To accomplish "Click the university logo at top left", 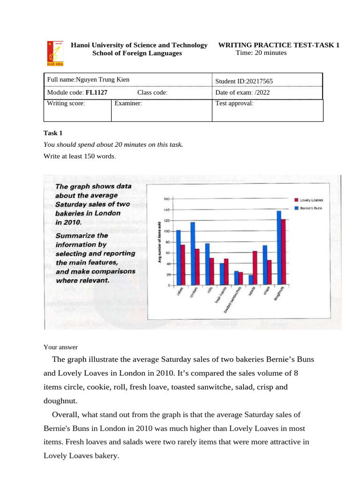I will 55,52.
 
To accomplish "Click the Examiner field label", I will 128,104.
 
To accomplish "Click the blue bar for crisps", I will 265,265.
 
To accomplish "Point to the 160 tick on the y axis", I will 166,199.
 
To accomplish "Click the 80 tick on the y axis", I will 167,242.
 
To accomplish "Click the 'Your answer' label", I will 60,347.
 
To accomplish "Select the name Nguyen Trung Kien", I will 103,80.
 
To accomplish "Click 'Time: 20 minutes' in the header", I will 261,52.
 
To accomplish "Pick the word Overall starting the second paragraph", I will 66,415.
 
